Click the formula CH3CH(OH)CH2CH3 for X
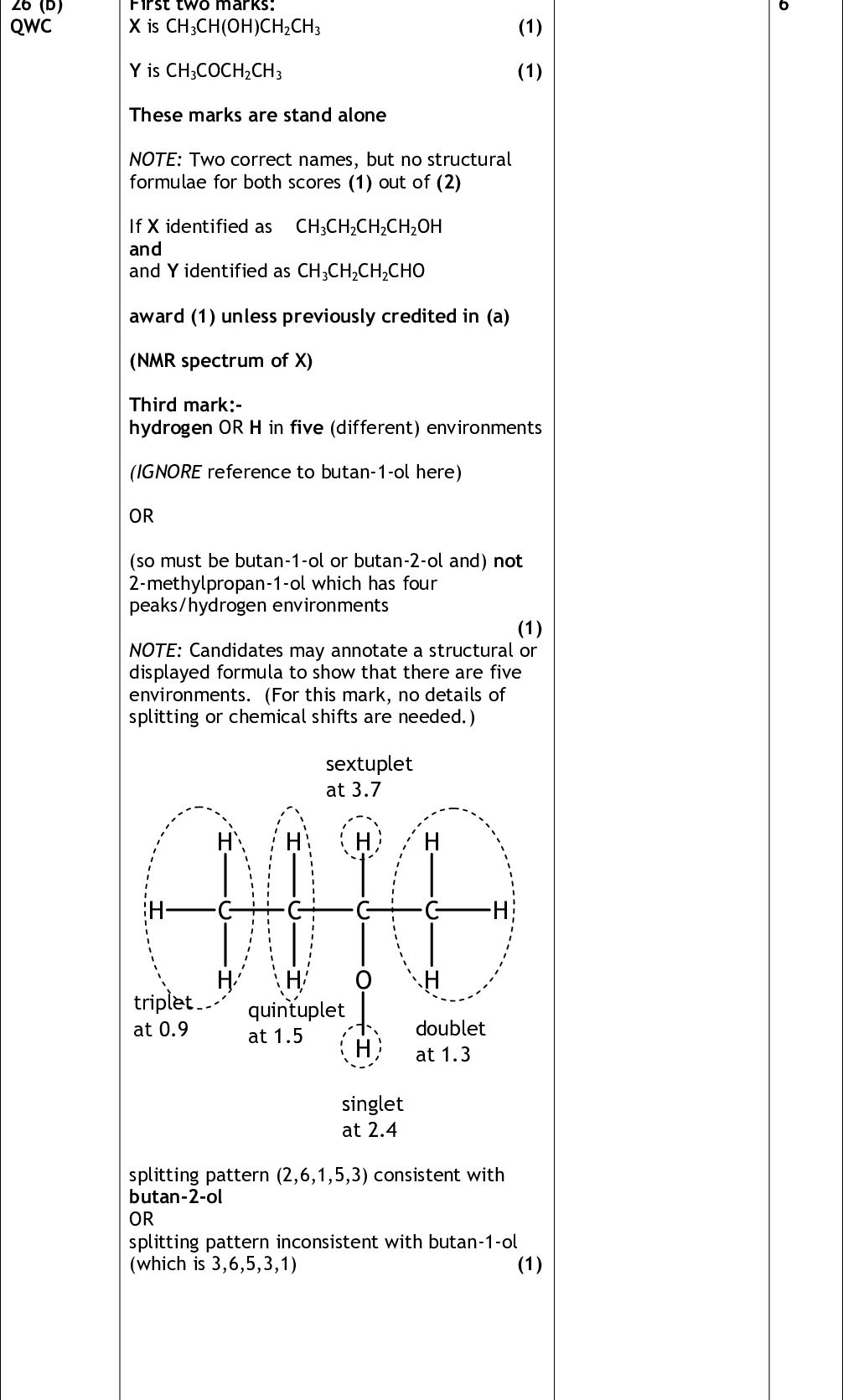(243, 27)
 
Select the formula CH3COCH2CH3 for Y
(224, 71)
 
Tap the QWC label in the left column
(31, 26)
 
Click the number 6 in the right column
(784, 5)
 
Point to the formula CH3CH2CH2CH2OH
(369, 227)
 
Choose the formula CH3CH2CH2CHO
(360, 271)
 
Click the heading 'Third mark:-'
(185, 406)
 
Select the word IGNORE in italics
(166, 473)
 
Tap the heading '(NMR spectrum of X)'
(220, 361)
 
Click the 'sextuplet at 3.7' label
(369, 777)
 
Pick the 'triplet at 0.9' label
(162, 1016)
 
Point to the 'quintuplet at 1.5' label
(295, 1023)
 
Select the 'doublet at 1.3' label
(450, 1041)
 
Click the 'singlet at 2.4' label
(372, 1117)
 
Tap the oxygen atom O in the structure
(363, 979)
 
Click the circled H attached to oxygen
(362, 1048)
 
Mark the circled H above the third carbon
(362, 841)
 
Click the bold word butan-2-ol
(176, 1197)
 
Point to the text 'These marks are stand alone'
(257, 116)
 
